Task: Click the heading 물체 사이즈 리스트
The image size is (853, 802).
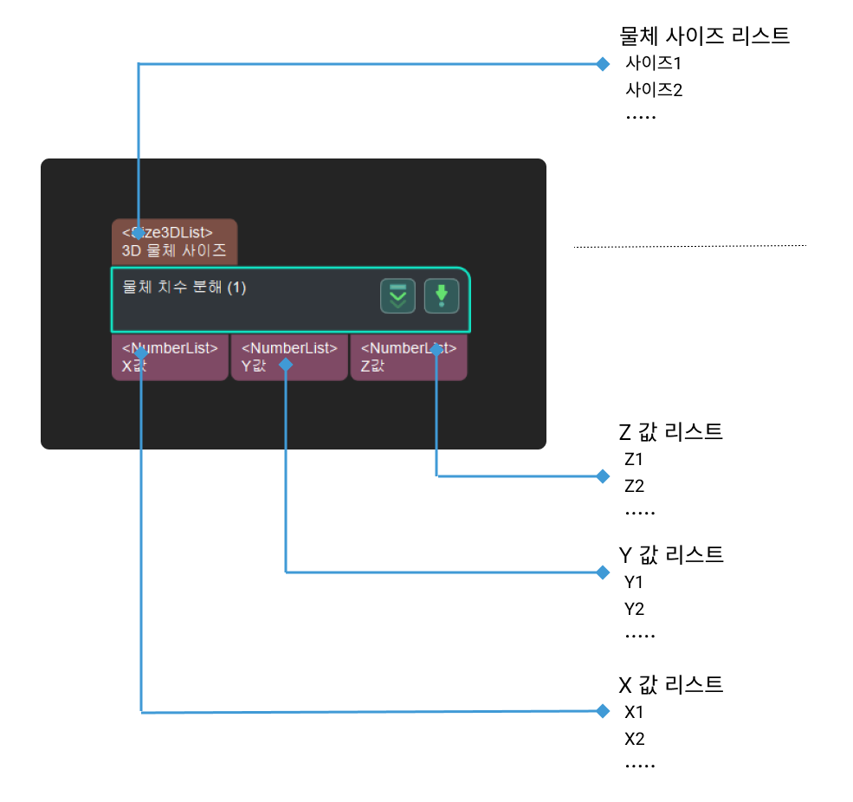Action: tap(705, 36)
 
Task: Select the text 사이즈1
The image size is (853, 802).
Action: tap(654, 63)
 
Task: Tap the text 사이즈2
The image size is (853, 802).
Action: tap(654, 89)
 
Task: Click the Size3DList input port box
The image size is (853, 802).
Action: tap(174, 242)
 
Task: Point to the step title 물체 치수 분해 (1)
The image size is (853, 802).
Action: tap(184, 288)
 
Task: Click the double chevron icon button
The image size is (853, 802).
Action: tap(397, 296)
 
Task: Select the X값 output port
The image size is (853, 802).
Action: tap(170, 357)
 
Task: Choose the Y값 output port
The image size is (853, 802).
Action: tap(289, 357)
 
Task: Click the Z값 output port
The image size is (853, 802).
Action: tap(409, 357)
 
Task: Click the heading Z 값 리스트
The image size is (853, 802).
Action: tap(671, 432)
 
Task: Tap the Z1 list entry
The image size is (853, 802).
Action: tap(634, 459)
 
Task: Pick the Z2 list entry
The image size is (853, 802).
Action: tap(634, 486)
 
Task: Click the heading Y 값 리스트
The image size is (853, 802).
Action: tap(671, 555)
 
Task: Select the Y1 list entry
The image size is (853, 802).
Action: tap(634, 582)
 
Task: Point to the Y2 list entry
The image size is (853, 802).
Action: tap(634, 609)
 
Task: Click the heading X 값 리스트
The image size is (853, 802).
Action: tap(671, 685)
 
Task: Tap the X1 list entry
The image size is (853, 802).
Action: tap(634, 713)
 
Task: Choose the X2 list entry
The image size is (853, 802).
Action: tap(634, 740)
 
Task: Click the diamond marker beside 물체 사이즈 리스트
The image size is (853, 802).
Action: tap(603, 63)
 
